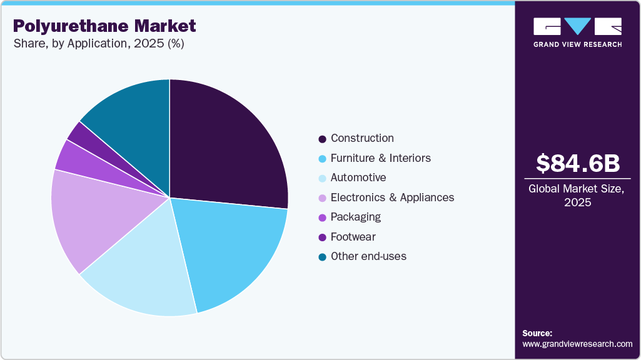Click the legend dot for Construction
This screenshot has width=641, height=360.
323,139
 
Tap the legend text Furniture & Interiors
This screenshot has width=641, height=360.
380,158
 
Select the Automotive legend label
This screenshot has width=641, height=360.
358,177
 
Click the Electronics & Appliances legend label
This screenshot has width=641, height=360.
392,197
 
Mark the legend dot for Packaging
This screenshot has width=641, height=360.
323,217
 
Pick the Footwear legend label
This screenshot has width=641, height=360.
353,237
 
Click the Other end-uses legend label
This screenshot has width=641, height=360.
368,256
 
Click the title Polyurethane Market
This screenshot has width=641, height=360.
104,26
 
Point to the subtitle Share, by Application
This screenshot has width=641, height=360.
98,44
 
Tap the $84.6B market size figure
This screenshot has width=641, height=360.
577,164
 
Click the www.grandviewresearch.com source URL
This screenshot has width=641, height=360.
577,344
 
